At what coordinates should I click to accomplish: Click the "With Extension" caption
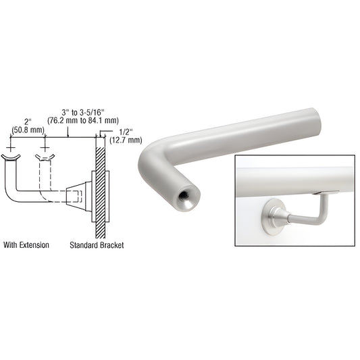click(26, 245)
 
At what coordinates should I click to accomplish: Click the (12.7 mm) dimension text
click(126, 140)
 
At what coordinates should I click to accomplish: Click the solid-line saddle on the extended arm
click(11, 159)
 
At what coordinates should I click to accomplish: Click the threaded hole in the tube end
click(184, 196)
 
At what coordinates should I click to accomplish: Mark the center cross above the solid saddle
click(11, 145)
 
